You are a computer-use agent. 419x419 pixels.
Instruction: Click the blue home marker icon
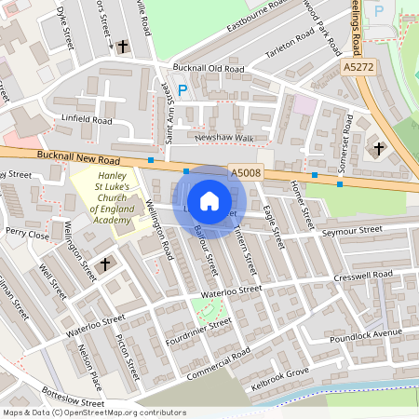[209, 201]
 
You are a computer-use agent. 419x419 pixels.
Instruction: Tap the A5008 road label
[246, 172]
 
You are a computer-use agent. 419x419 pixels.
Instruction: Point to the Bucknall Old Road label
[209, 69]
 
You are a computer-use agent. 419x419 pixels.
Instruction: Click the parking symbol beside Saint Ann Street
[182, 90]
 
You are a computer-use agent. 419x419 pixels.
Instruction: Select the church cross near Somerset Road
[379, 148]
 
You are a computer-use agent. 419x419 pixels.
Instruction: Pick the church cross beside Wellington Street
[104, 264]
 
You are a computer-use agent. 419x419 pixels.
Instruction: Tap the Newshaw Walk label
[223, 137]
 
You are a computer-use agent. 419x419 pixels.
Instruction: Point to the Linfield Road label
[87, 121]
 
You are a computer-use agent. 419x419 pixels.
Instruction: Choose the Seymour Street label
[352, 229]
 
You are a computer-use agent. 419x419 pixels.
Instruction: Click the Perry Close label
[27, 235]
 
